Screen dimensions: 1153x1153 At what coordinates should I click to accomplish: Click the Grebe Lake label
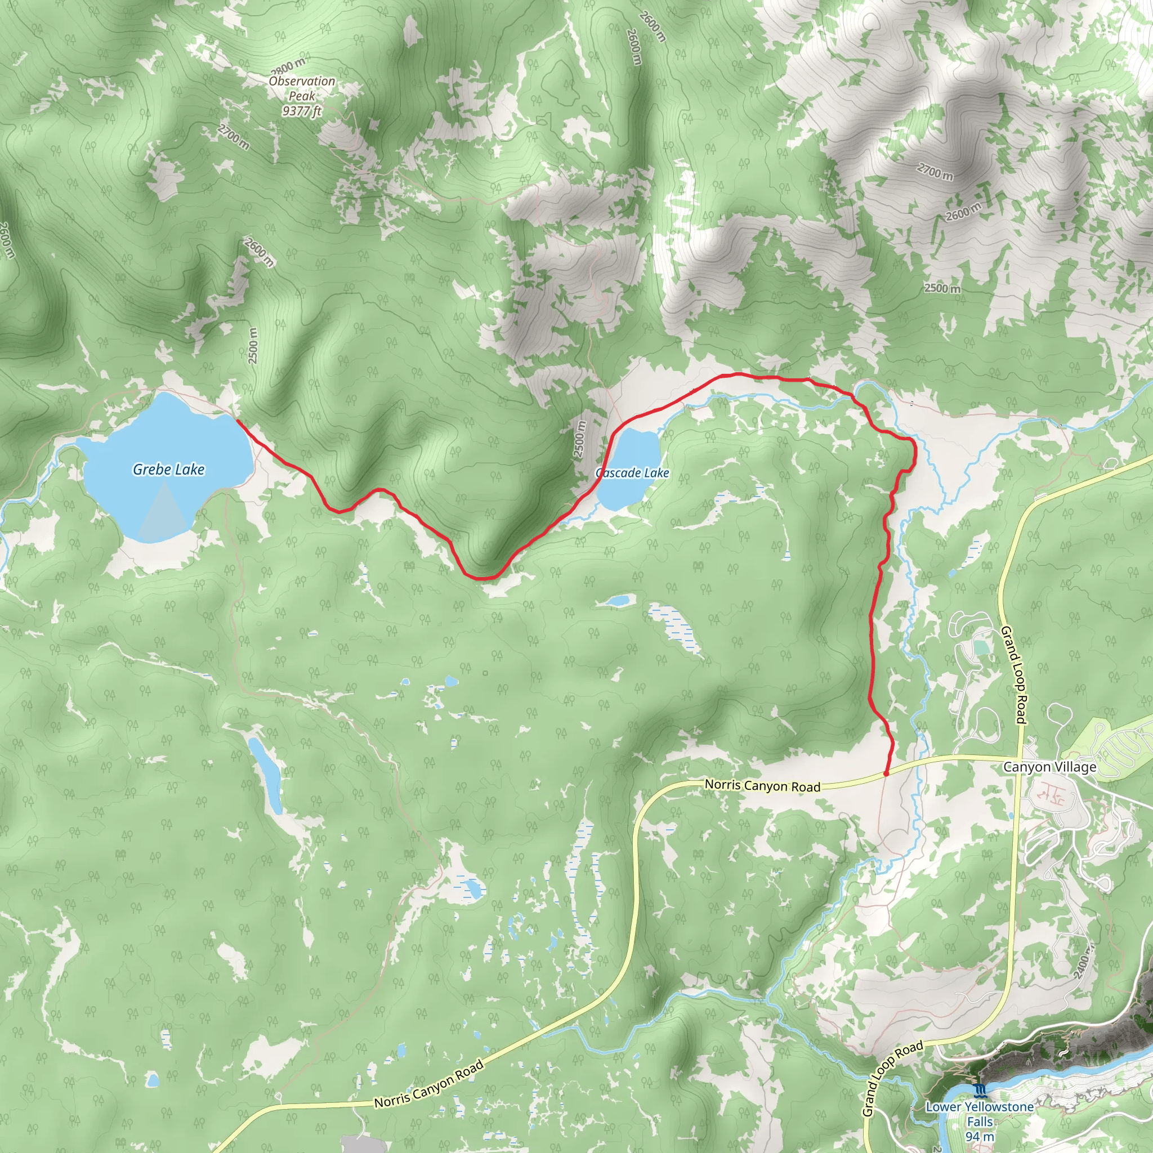[x=168, y=470]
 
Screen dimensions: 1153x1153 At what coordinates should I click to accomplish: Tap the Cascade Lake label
[x=632, y=473]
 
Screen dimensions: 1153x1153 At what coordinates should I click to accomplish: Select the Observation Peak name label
[x=302, y=88]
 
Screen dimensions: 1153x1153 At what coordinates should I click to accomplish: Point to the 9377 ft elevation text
[x=302, y=111]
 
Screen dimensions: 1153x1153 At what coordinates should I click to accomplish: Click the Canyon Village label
[x=1049, y=767]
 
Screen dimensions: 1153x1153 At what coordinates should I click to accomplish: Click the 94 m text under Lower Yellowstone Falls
[x=980, y=1137]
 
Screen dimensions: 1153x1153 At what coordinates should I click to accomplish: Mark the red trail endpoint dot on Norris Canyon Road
[x=886, y=774]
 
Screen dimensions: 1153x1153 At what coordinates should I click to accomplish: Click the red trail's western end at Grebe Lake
[x=238, y=421]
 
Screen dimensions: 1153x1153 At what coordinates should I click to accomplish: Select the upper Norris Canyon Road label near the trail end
[x=763, y=785]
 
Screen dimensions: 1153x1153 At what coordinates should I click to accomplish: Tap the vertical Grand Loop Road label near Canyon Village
[x=1013, y=675]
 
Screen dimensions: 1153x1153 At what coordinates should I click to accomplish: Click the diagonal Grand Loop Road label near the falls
[x=893, y=1078]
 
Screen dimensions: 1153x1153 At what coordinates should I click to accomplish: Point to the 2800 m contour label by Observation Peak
[x=288, y=67]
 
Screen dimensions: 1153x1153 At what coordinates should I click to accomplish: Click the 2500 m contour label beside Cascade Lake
[x=579, y=439]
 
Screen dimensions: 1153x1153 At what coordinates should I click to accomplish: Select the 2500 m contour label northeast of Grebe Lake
[x=253, y=346]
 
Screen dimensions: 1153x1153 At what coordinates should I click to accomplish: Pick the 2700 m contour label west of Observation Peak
[x=233, y=137]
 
